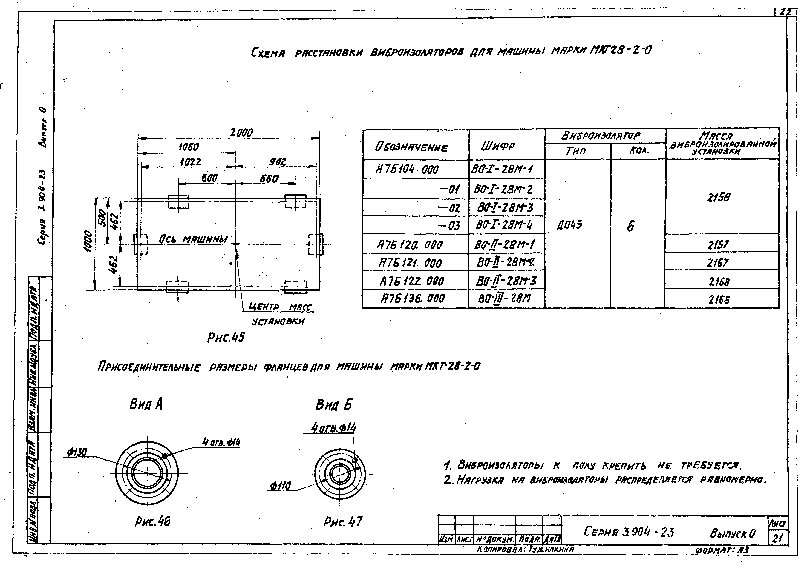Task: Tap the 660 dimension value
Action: [269, 179]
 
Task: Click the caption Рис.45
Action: [226, 337]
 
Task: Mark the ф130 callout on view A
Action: [77, 452]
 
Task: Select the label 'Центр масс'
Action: [280, 307]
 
